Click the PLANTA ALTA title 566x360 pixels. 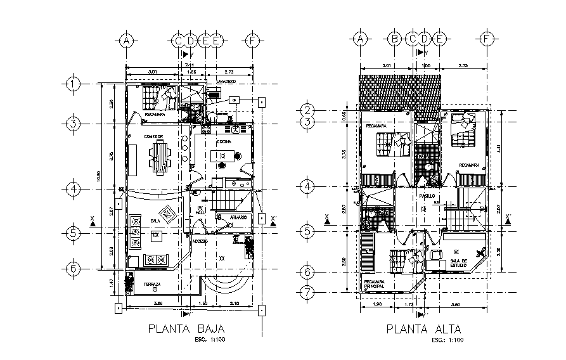[x=423, y=330]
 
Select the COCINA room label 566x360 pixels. [x=224, y=142]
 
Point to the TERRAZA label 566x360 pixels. [x=151, y=285]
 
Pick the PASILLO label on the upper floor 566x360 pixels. [x=426, y=196]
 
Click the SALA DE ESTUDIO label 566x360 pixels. [x=458, y=263]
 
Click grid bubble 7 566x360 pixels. [x=307, y=293]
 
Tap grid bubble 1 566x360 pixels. [x=74, y=83]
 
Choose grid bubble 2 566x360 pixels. [x=307, y=110]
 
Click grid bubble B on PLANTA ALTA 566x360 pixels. [x=394, y=39]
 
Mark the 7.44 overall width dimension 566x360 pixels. [x=190, y=65]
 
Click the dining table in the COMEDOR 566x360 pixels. [x=160, y=156]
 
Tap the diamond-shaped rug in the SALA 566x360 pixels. [x=167, y=215]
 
